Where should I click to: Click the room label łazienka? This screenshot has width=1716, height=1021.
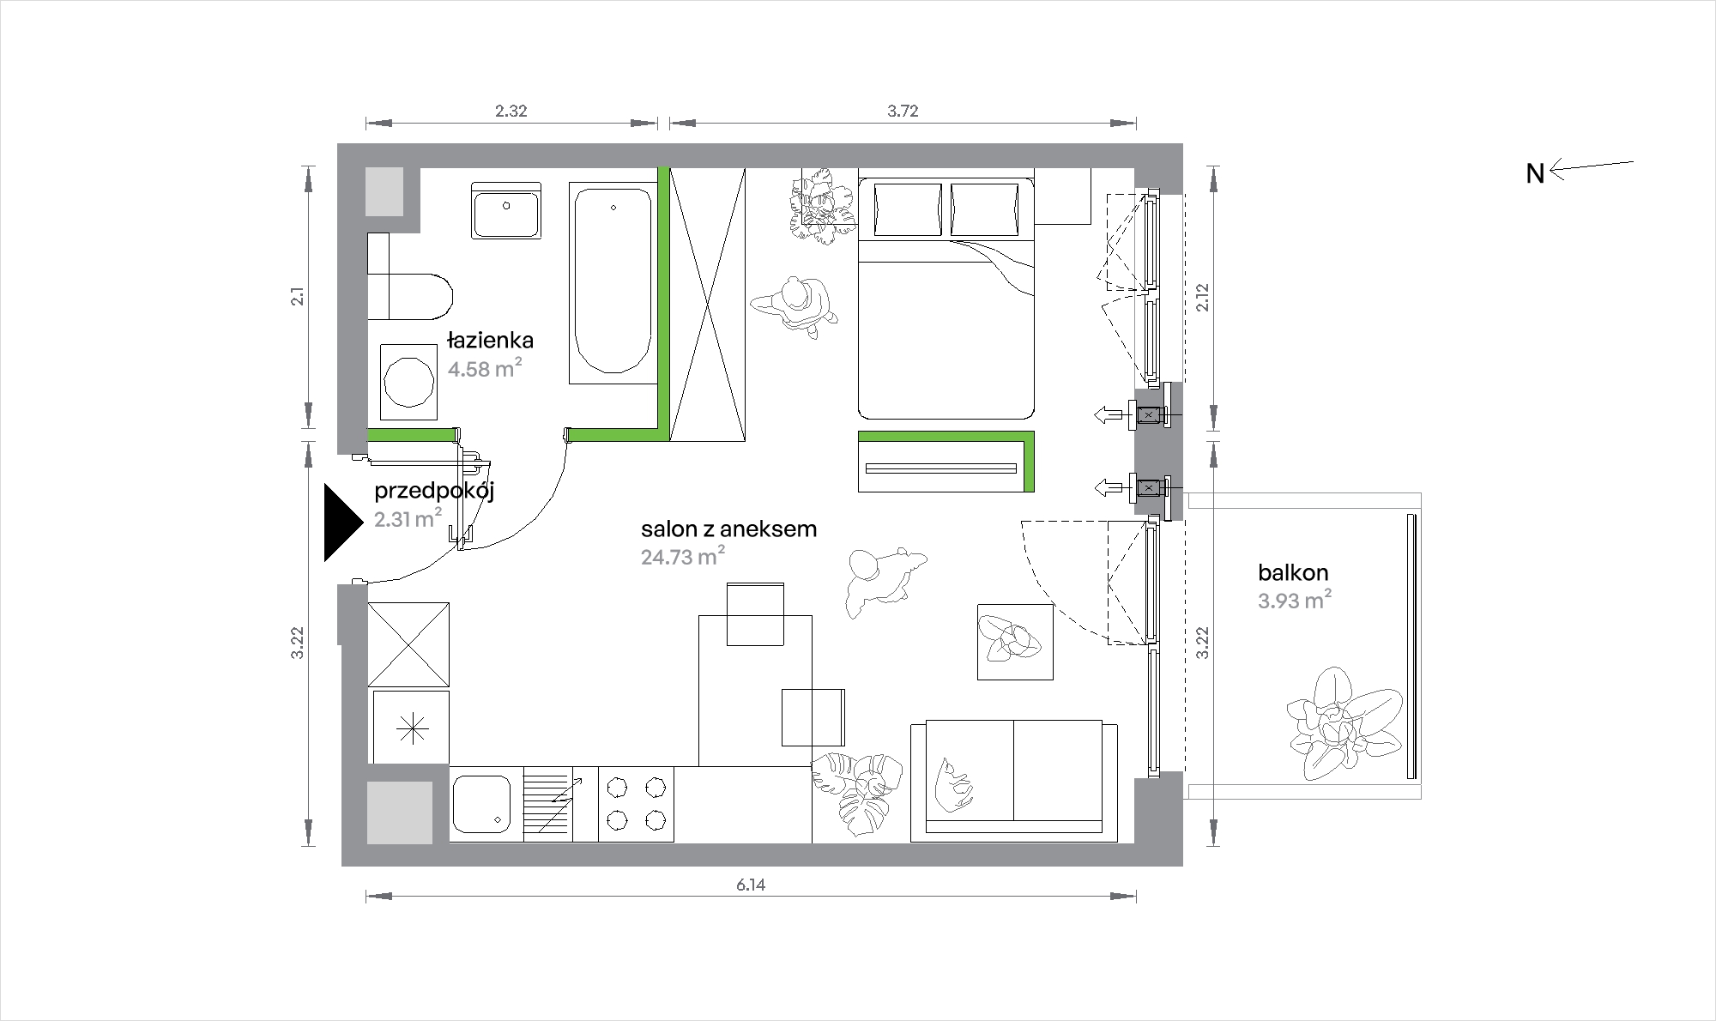coord(490,341)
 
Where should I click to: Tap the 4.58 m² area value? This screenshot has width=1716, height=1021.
coord(485,369)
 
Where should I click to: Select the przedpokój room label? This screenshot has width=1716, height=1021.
coord(434,492)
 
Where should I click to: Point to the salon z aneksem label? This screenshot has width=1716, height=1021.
coord(728,529)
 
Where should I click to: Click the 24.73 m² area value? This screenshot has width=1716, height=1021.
coord(683,557)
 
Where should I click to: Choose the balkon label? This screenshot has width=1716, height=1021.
coord(1293,572)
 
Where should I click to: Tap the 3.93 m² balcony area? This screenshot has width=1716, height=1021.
coord(1295,601)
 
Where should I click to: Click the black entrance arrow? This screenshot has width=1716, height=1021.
coord(342,523)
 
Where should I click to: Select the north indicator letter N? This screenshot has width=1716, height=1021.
coord(1535,174)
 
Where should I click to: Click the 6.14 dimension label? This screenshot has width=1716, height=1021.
coord(750,885)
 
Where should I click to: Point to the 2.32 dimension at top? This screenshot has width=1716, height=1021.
coord(511,111)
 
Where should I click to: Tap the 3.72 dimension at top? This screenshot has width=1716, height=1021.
coord(903,111)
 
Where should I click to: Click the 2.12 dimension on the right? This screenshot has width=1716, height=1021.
coord(1203,297)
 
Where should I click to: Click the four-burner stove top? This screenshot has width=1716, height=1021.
coord(636,804)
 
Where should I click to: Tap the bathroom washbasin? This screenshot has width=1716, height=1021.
coord(506,210)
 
